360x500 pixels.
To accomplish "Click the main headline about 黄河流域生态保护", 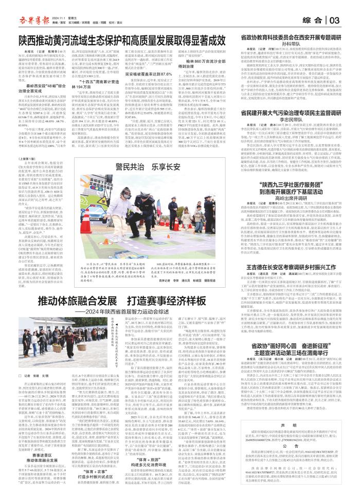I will [116, 39].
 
